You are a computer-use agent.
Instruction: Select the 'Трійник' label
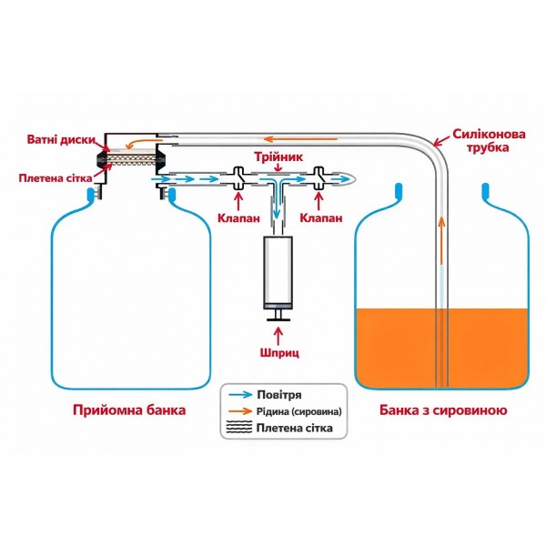(x=278, y=156)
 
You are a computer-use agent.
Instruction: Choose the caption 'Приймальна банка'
(x=129, y=410)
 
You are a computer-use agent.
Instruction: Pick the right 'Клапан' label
(x=321, y=218)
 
